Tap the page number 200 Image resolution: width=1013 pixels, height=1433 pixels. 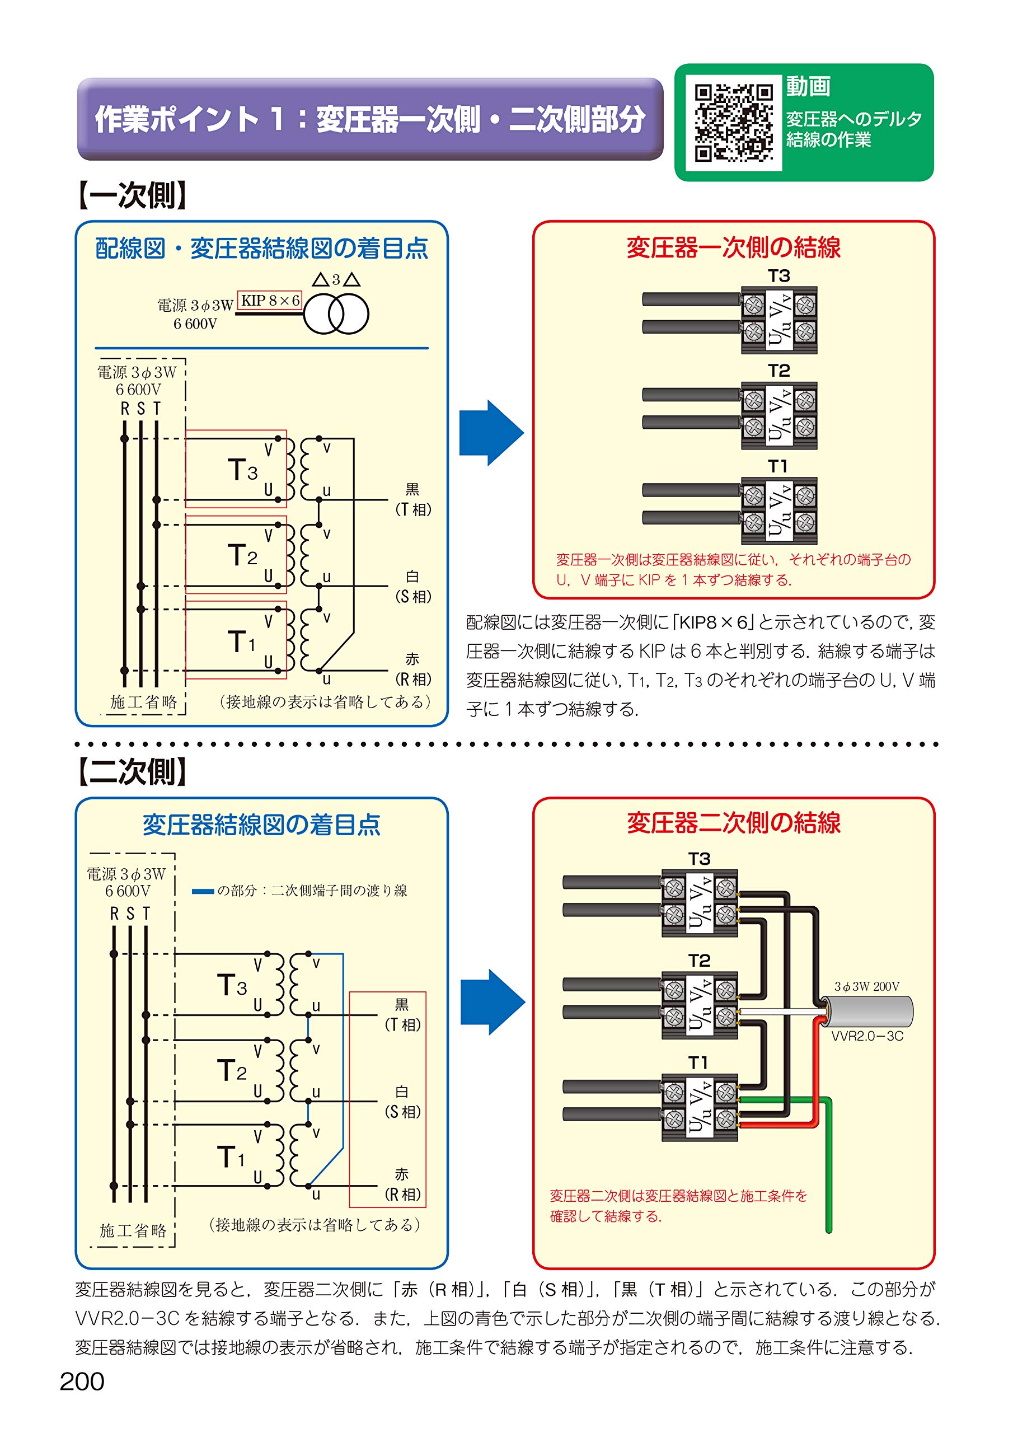[x=82, y=1382]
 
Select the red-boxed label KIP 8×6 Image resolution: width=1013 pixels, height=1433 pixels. [x=270, y=300]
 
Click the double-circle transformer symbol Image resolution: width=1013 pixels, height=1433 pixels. [x=336, y=314]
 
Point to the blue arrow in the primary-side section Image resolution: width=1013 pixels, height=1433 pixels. [x=491, y=433]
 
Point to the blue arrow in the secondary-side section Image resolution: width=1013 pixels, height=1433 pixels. [x=493, y=1002]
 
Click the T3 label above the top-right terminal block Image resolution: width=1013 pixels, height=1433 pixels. [x=779, y=276]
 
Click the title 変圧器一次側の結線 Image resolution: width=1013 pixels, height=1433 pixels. [x=733, y=248]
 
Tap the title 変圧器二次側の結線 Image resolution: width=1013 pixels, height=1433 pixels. [x=733, y=823]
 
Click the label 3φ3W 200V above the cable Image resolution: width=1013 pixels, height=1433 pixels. [x=867, y=987]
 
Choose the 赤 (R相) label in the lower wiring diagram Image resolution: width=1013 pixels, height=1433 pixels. [x=402, y=1184]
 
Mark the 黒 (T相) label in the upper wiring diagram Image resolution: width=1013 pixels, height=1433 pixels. [x=413, y=499]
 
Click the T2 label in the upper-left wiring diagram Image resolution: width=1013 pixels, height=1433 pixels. [x=242, y=555]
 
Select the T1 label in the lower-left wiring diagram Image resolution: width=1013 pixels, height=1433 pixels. [x=231, y=1156]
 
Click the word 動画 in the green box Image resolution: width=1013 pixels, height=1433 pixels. [x=808, y=86]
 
